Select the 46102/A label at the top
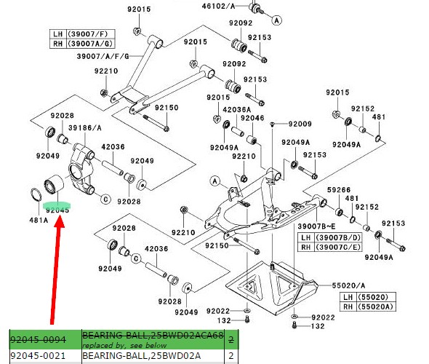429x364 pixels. [x=218, y=6]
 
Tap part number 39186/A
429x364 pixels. [x=85, y=128]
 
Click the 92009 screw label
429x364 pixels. [x=300, y=124]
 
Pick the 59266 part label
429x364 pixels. [x=339, y=190]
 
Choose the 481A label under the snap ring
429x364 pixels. [x=39, y=220]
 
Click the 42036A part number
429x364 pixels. [x=236, y=110]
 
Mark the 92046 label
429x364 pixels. [x=252, y=118]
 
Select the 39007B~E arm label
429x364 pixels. [x=316, y=226]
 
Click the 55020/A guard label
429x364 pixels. [x=348, y=285]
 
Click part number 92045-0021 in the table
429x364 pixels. [x=38, y=356]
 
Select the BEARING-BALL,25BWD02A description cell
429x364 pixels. [x=142, y=356]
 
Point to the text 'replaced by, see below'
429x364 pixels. [x=124, y=345]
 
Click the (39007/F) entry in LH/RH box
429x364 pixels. [x=87, y=34]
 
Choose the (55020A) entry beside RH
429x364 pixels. [x=376, y=306]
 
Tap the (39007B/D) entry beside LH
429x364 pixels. [x=338, y=237]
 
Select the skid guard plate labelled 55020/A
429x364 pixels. [x=272, y=288]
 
